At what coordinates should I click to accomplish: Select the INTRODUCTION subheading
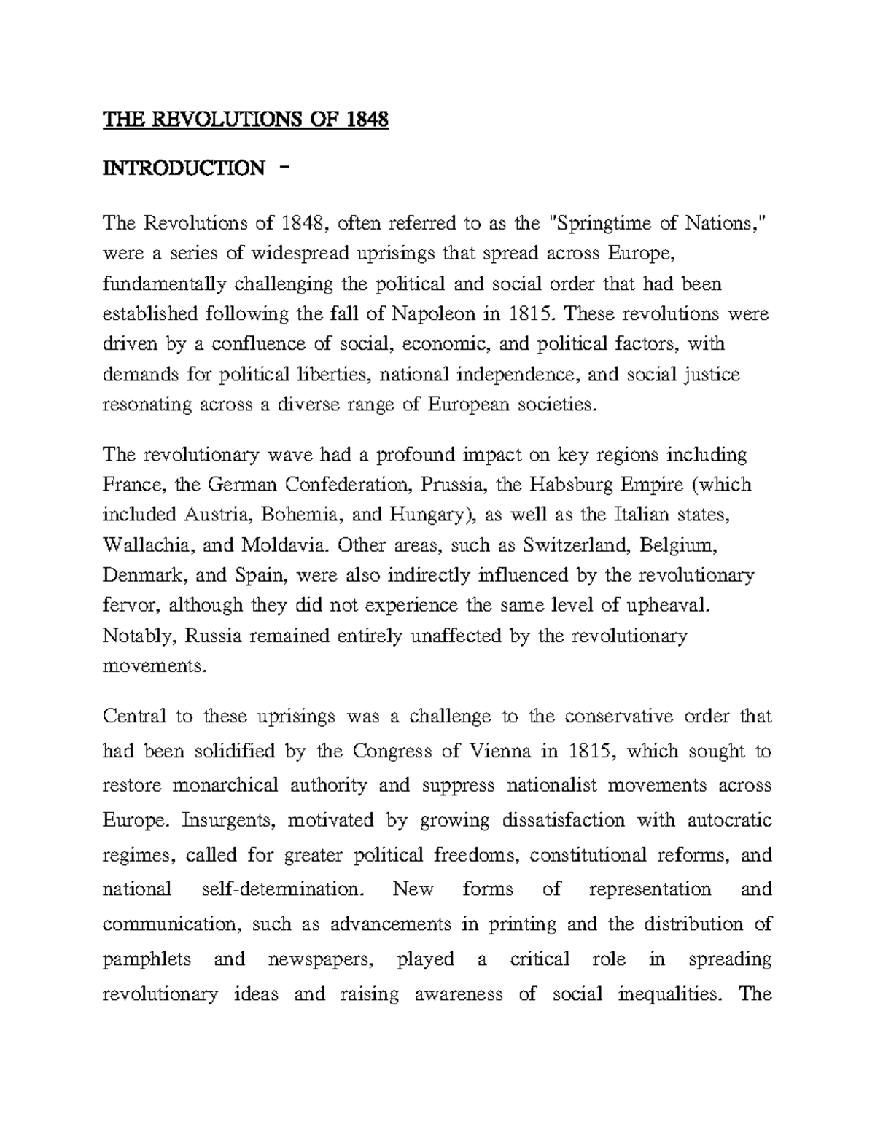[184, 168]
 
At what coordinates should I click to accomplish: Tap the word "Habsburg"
[548, 485]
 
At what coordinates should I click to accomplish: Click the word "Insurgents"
[228, 821]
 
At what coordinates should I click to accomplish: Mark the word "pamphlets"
[147, 959]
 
